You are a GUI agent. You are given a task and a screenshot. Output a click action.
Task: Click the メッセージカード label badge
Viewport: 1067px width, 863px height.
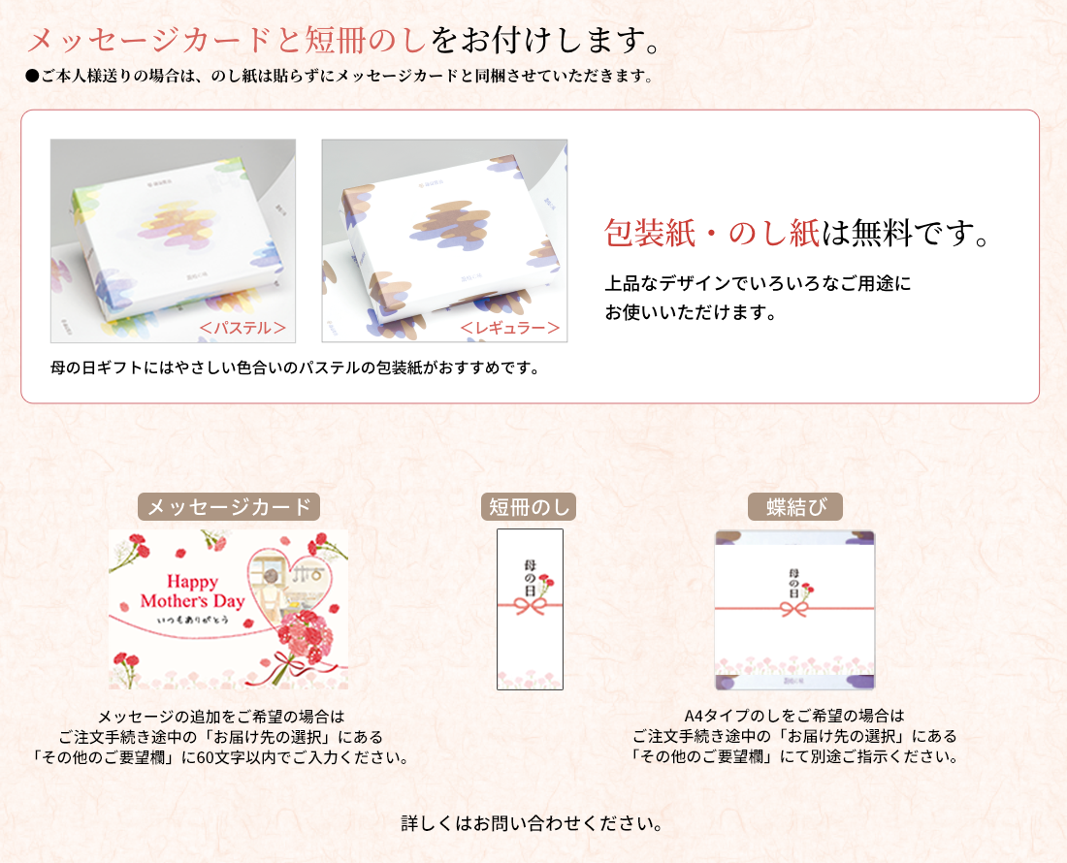coord(229,506)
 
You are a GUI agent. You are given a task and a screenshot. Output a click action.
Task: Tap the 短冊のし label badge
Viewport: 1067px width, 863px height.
coord(529,506)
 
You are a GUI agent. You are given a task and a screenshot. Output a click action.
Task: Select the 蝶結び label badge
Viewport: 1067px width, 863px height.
coord(795,506)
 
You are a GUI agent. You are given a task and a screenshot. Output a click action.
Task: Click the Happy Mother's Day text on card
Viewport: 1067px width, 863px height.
coord(193,591)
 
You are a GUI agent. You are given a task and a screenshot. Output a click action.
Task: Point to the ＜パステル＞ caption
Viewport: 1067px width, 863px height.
coord(242,328)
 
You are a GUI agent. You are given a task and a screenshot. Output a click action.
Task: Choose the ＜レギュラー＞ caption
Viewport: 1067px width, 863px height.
coord(510,328)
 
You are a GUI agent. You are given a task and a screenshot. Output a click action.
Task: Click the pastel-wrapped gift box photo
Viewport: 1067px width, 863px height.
coord(173,240)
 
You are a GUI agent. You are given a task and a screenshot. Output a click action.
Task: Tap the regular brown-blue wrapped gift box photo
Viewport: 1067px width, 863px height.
coord(444,240)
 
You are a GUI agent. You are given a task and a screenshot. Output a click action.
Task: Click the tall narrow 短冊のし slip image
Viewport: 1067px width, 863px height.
coord(530,609)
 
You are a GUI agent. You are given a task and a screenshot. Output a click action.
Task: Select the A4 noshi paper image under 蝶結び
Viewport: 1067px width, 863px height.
coord(794,610)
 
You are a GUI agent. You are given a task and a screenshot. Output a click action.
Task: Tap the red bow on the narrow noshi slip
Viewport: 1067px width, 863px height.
coord(530,605)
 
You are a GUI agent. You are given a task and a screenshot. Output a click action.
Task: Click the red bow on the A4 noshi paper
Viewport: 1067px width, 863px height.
coord(794,608)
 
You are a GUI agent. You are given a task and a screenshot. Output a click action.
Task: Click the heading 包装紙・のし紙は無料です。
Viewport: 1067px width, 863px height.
coord(796,234)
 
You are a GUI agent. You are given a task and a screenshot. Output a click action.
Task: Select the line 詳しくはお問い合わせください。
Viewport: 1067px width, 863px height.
coord(533,823)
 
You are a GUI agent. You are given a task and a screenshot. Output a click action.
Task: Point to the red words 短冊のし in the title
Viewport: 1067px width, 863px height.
coord(366,40)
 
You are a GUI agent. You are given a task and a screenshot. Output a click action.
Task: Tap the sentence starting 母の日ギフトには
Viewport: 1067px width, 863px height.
coord(295,368)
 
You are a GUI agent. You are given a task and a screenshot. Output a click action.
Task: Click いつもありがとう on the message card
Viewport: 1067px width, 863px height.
coord(193,621)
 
